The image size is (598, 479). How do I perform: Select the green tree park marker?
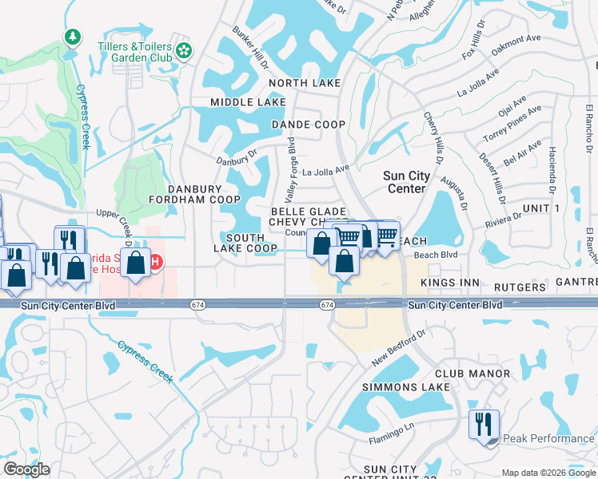coord(73,37)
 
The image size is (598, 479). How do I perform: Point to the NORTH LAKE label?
coord(305,83)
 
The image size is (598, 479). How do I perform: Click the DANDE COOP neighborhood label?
coord(308,125)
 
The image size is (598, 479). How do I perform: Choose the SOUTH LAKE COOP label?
coord(250,243)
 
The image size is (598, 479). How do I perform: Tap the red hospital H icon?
coord(157,262)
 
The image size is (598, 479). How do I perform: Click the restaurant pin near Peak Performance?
coord(484,423)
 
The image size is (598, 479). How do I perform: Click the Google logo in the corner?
coord(26,469)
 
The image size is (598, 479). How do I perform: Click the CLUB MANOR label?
coord(472,374)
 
